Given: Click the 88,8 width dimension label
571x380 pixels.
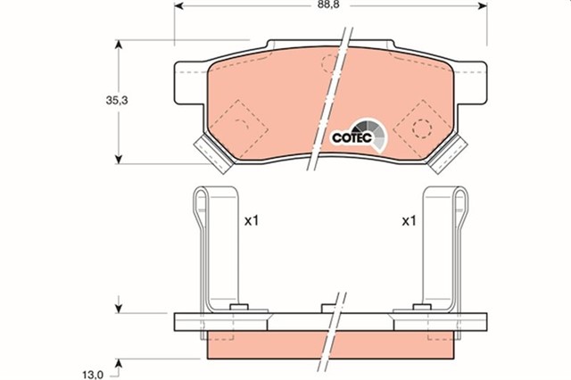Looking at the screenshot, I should coord(329,4).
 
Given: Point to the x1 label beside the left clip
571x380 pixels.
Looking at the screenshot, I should coord(251,220).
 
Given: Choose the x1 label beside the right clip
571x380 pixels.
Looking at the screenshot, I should coord(409,220).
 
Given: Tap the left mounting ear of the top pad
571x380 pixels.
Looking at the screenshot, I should coord(189,79).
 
